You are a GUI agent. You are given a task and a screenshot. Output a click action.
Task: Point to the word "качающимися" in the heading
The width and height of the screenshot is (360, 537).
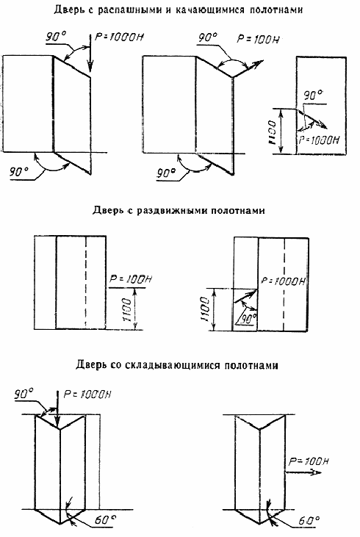210,10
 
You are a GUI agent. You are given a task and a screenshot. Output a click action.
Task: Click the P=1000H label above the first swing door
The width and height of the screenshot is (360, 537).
118,37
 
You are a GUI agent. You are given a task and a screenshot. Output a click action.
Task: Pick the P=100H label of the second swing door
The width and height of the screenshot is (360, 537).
259,39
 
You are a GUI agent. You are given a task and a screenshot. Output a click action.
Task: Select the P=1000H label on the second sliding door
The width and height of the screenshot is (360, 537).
283,281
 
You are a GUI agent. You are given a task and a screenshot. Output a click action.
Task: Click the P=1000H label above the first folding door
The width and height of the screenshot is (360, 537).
87,394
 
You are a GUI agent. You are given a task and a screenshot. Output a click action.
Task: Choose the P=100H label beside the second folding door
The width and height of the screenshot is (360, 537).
309,461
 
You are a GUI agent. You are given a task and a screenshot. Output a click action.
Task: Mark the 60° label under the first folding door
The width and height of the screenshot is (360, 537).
105,520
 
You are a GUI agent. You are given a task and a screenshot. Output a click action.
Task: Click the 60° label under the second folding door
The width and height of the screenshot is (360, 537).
309,521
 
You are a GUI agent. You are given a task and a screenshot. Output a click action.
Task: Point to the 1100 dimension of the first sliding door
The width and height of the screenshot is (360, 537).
127,309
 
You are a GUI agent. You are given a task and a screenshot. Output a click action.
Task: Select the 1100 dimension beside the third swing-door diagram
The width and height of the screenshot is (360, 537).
272,131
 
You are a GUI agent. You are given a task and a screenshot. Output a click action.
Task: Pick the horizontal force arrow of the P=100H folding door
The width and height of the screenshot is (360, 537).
303,472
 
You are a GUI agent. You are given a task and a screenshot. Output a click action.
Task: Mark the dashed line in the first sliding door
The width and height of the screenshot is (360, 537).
86,283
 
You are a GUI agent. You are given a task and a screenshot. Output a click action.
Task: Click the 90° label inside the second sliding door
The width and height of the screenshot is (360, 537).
248,319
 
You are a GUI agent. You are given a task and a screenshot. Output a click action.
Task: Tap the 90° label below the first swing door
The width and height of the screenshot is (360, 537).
19,172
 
